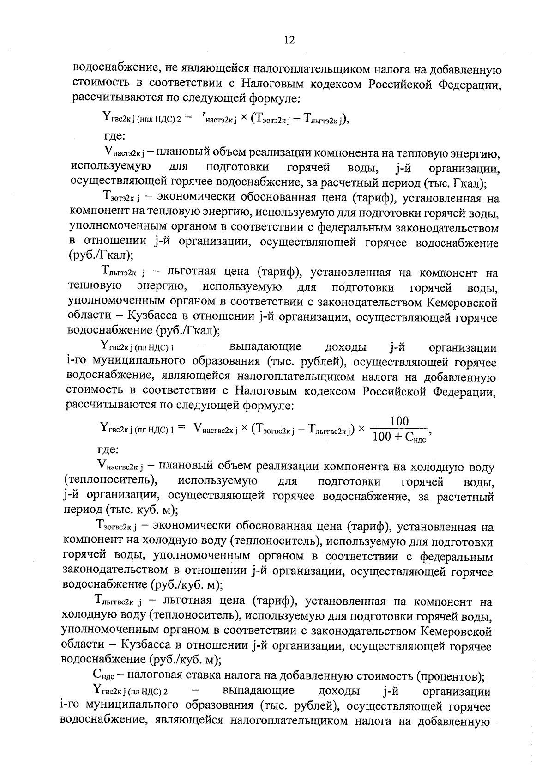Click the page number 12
pos(289,40)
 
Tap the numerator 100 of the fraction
pos(399,421)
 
